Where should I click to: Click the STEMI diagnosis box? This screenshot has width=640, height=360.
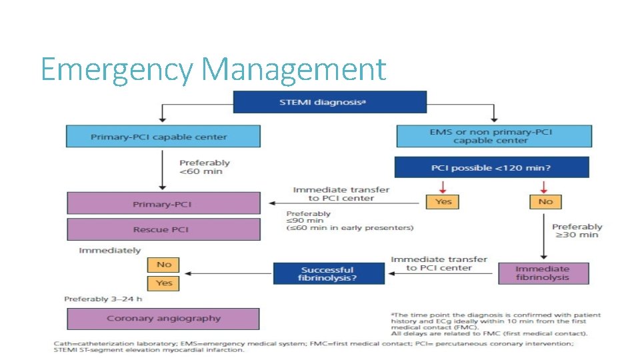click(x=329, y=102)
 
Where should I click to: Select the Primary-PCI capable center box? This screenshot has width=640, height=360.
click(x=163, y=137)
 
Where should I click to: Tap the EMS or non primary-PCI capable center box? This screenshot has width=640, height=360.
click(x=493, y=136)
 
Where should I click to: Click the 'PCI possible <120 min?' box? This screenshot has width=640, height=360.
click(x=491, y=167)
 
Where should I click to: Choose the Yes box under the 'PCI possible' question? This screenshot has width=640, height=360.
click(x=443, y=201)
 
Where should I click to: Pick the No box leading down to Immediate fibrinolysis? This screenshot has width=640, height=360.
click(x=545, y=201)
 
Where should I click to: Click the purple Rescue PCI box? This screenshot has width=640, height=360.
click(x=163, y=229)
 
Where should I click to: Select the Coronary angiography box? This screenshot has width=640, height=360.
click(x=163, y=319)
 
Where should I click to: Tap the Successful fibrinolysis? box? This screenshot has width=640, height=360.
click(x=329, y=273)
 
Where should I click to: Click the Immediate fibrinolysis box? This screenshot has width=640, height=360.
click(x=543, y=273)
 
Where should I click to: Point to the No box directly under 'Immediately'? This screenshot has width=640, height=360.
click(x=164, y=265)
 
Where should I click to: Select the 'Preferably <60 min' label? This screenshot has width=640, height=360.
click(x=205, y=167)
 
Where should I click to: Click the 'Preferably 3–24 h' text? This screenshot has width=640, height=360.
click(x=103, y=299)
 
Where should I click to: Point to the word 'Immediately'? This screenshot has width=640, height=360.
click(x=110, y=251)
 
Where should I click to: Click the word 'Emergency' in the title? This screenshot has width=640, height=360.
click(x=117, y=69)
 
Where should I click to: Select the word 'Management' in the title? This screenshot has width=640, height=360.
click(x=294, y=69)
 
